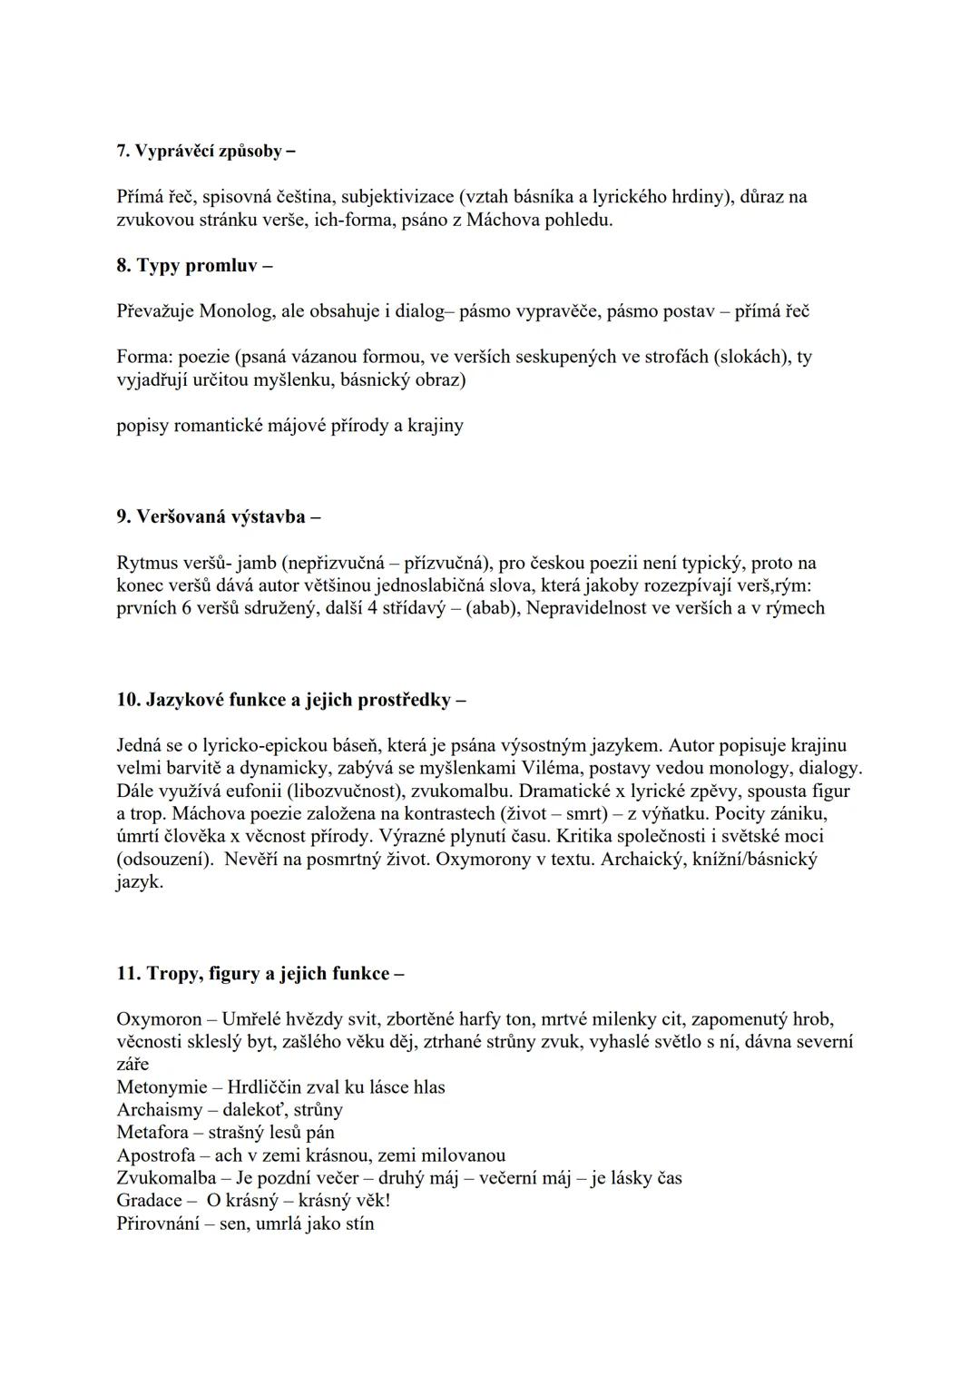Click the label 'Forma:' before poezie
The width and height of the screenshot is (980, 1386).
[x=145, y=357]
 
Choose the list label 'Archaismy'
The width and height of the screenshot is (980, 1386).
[x=158, y=1110]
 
